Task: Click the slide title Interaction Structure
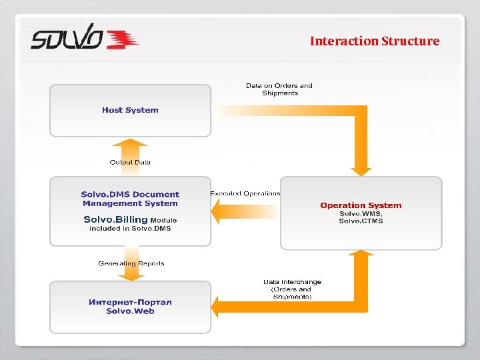coord(374,41)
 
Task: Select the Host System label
coord(130,110)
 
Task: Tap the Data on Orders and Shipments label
coord(279,89)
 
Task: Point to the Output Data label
coord(130,162)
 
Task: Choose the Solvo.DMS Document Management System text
coord(130,199)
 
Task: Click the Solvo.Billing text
coord(115,219)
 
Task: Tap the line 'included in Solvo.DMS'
coord(130,229)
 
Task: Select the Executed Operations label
coord(245,193)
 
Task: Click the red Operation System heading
coord(361,205)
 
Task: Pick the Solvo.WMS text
coord(361,213)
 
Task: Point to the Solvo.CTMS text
coord(361,221)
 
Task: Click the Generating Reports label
coord(131,263)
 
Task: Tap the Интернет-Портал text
coord(130,302)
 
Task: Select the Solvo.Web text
coord(130,311)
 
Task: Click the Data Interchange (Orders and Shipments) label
coord(292,289)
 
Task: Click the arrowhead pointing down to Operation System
coord(361,171)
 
